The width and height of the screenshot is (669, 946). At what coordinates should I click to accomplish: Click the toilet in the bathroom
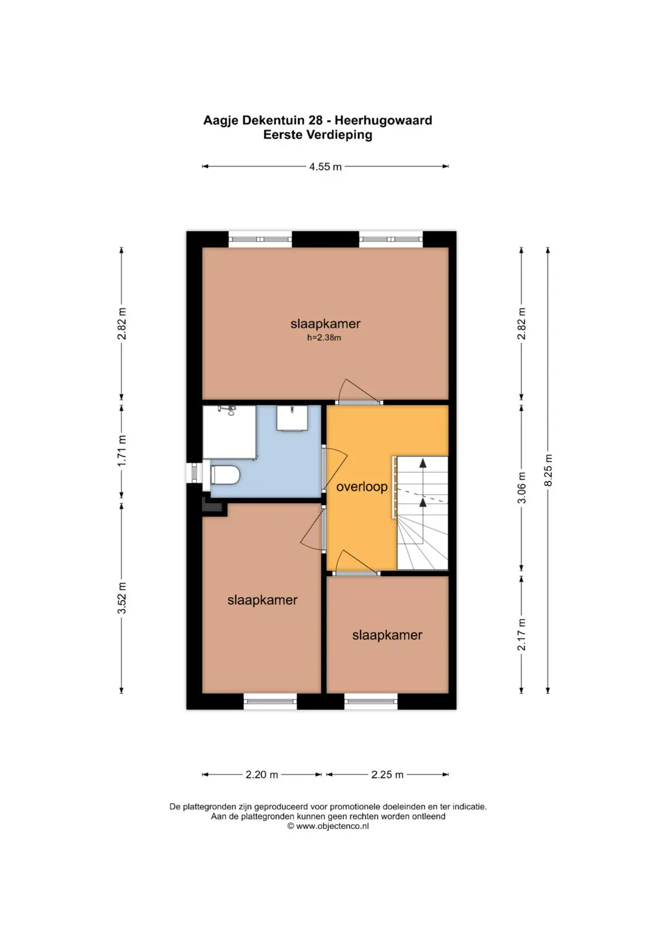225,475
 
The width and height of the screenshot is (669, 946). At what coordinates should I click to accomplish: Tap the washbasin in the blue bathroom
292,418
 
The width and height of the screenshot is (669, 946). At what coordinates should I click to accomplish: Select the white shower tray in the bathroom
229,432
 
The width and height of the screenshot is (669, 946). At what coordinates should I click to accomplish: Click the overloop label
362,486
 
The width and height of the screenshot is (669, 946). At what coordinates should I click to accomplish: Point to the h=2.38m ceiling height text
324,338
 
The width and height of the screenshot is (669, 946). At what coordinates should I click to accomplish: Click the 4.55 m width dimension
325,167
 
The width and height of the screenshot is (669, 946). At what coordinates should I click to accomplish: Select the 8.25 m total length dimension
548,470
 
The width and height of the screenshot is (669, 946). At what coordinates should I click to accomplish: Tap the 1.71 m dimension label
121,451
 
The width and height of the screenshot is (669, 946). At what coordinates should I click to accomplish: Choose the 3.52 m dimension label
121,598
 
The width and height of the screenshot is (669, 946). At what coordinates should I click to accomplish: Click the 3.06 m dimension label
522,488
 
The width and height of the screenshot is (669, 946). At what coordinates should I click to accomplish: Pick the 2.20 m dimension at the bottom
262,774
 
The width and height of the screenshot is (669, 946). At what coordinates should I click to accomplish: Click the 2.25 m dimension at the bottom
387,774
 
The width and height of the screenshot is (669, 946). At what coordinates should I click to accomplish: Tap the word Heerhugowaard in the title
383,120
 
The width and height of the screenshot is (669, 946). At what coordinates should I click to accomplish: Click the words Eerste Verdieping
318,134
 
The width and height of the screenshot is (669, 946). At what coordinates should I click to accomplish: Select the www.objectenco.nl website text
333,826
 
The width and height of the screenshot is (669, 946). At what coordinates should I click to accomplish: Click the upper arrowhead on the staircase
422,463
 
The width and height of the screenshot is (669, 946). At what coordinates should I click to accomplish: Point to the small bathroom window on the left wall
195,473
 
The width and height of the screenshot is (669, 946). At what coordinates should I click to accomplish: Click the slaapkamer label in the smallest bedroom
387,635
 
